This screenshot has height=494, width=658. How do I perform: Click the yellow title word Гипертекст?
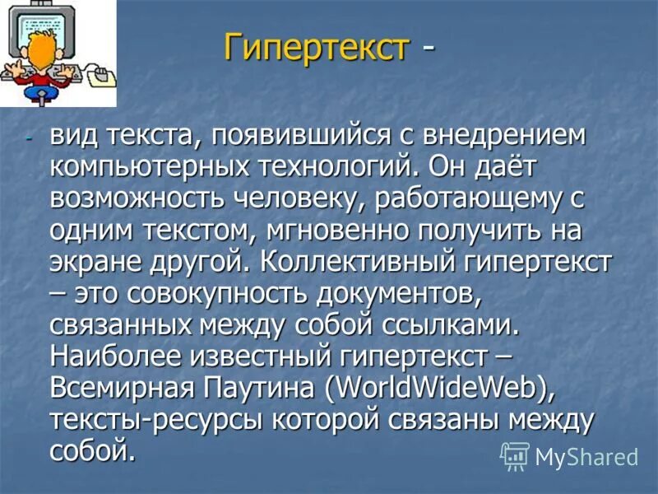point(317,47)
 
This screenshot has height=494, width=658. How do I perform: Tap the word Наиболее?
point(114,356)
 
